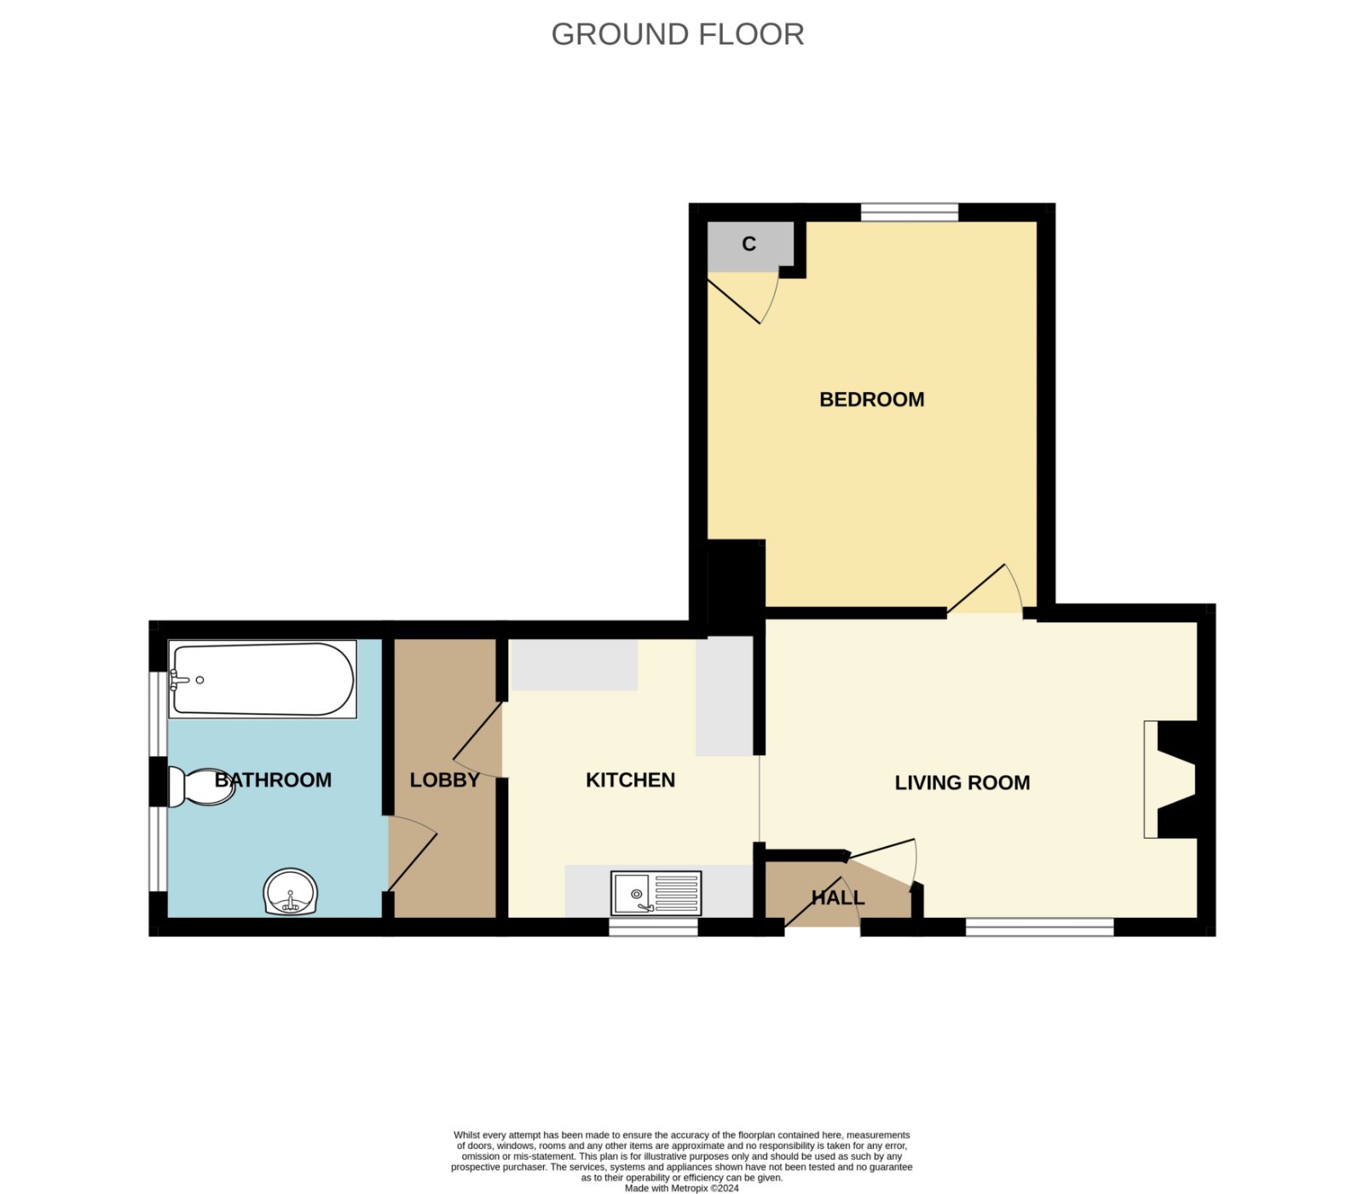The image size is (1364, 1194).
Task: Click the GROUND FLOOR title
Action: [678, 34]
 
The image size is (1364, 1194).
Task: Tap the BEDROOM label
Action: [871, 400]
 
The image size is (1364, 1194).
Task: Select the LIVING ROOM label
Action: [962, 782]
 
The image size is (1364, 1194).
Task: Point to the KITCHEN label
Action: [630, 780]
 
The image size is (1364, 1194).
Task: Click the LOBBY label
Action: [444, 780]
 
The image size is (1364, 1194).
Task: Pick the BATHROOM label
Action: [273, 780]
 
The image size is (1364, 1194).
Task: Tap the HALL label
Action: [837, 897]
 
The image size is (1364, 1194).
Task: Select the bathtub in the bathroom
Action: [263, 679]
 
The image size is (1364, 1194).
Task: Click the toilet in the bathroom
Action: [201, 787]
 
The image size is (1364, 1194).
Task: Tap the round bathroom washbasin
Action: [291, 892]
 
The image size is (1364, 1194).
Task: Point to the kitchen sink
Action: [656, 892]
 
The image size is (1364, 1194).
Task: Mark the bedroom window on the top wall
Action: [910, 212]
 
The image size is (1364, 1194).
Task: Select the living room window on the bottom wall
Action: [1040, 927]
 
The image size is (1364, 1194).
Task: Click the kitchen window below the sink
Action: [654, 927]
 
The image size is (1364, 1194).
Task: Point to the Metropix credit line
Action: [681, 1188]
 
